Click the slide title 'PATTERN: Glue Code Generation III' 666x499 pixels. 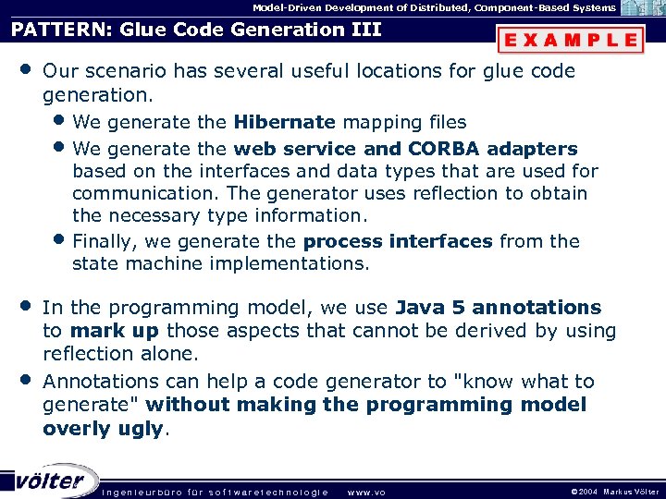click(196, 30)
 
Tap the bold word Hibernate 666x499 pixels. click(284, 122)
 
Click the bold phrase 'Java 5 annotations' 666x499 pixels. click(498, 308)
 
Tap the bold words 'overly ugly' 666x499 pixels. click(103, 428)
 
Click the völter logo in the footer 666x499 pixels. click(50, 480)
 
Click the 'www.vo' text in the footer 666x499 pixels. click(365, 492)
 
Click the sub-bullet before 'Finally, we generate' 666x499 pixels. click(60, 241)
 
